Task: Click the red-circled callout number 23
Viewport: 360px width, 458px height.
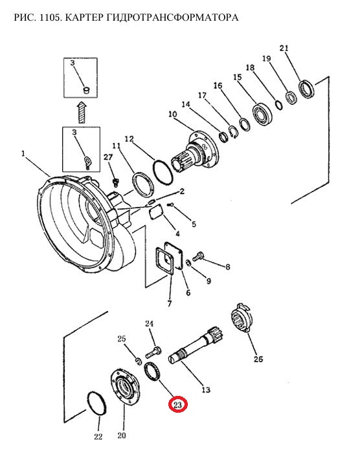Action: point(177,405)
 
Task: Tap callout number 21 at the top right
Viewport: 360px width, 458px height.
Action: point(284,49)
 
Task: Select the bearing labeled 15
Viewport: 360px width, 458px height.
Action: point(263,113)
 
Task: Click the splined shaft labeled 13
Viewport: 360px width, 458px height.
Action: point(196,346)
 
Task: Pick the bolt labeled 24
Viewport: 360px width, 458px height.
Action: point(153,352)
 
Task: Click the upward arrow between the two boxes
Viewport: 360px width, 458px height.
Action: point(82,112)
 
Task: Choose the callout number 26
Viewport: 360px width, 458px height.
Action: point(258,358)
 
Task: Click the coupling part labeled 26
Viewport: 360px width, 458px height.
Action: point(242,317)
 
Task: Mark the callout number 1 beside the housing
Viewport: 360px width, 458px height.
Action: point(23,153)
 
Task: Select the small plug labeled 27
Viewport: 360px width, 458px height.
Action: point(117,182)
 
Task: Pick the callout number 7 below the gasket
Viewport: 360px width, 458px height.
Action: point(170,303)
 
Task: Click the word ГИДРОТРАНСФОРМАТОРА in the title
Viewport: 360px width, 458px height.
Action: point(172,17)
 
